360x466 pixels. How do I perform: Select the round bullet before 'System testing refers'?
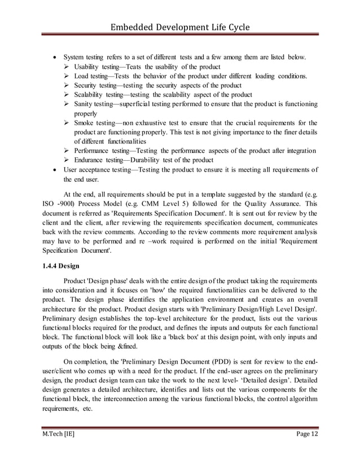[x=54, y=58]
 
